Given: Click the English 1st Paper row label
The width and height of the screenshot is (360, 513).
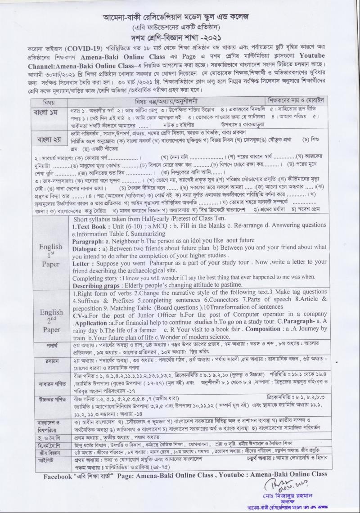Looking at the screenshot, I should (50, 255).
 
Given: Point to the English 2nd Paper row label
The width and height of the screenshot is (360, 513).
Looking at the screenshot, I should (50, 320).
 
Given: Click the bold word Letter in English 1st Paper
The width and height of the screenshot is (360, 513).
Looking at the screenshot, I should (83, 261).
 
